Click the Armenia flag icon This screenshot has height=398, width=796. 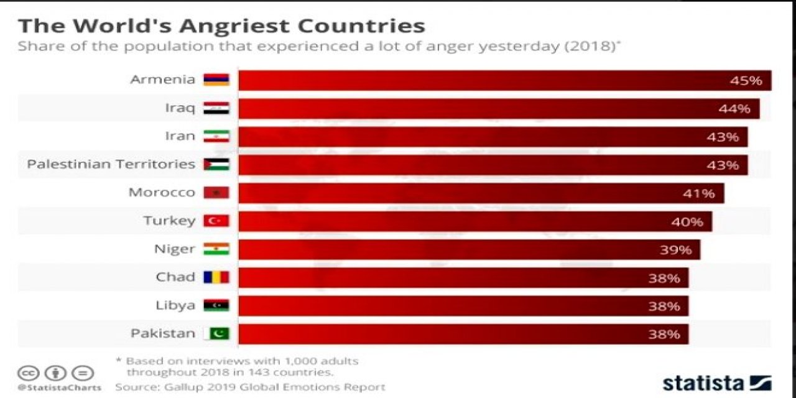216,80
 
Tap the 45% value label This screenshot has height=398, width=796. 746,81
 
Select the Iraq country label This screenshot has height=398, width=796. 180,108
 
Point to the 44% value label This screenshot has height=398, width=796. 734,109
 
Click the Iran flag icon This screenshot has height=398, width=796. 216,136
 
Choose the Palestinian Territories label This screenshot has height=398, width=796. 111,164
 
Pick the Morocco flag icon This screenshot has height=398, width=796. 216,193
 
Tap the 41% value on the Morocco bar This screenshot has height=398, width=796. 699,193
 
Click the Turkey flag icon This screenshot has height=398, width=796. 216,221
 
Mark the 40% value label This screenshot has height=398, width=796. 687,221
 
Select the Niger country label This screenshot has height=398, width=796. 175,249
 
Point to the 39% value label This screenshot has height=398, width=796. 675,250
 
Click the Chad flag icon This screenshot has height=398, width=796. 216,277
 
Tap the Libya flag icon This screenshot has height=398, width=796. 216,305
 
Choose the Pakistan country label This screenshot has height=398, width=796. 163,333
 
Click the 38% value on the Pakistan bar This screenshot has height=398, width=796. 664,335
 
